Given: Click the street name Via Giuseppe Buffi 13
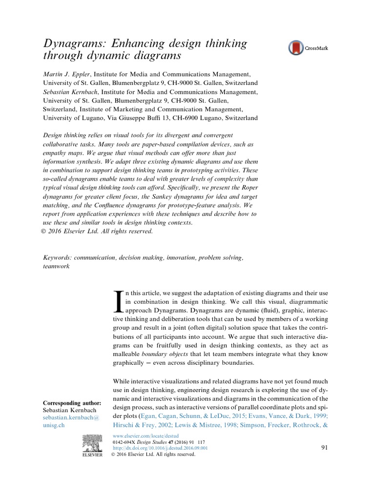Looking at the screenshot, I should click(151, 118).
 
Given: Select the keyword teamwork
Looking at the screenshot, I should click(57, 267).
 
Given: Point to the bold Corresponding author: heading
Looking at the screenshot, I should click(72, 403).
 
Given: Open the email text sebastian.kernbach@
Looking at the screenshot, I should click(71, 418).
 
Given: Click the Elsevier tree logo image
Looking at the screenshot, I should click(90, 442).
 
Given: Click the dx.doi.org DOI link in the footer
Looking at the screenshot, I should click(153, 447).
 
